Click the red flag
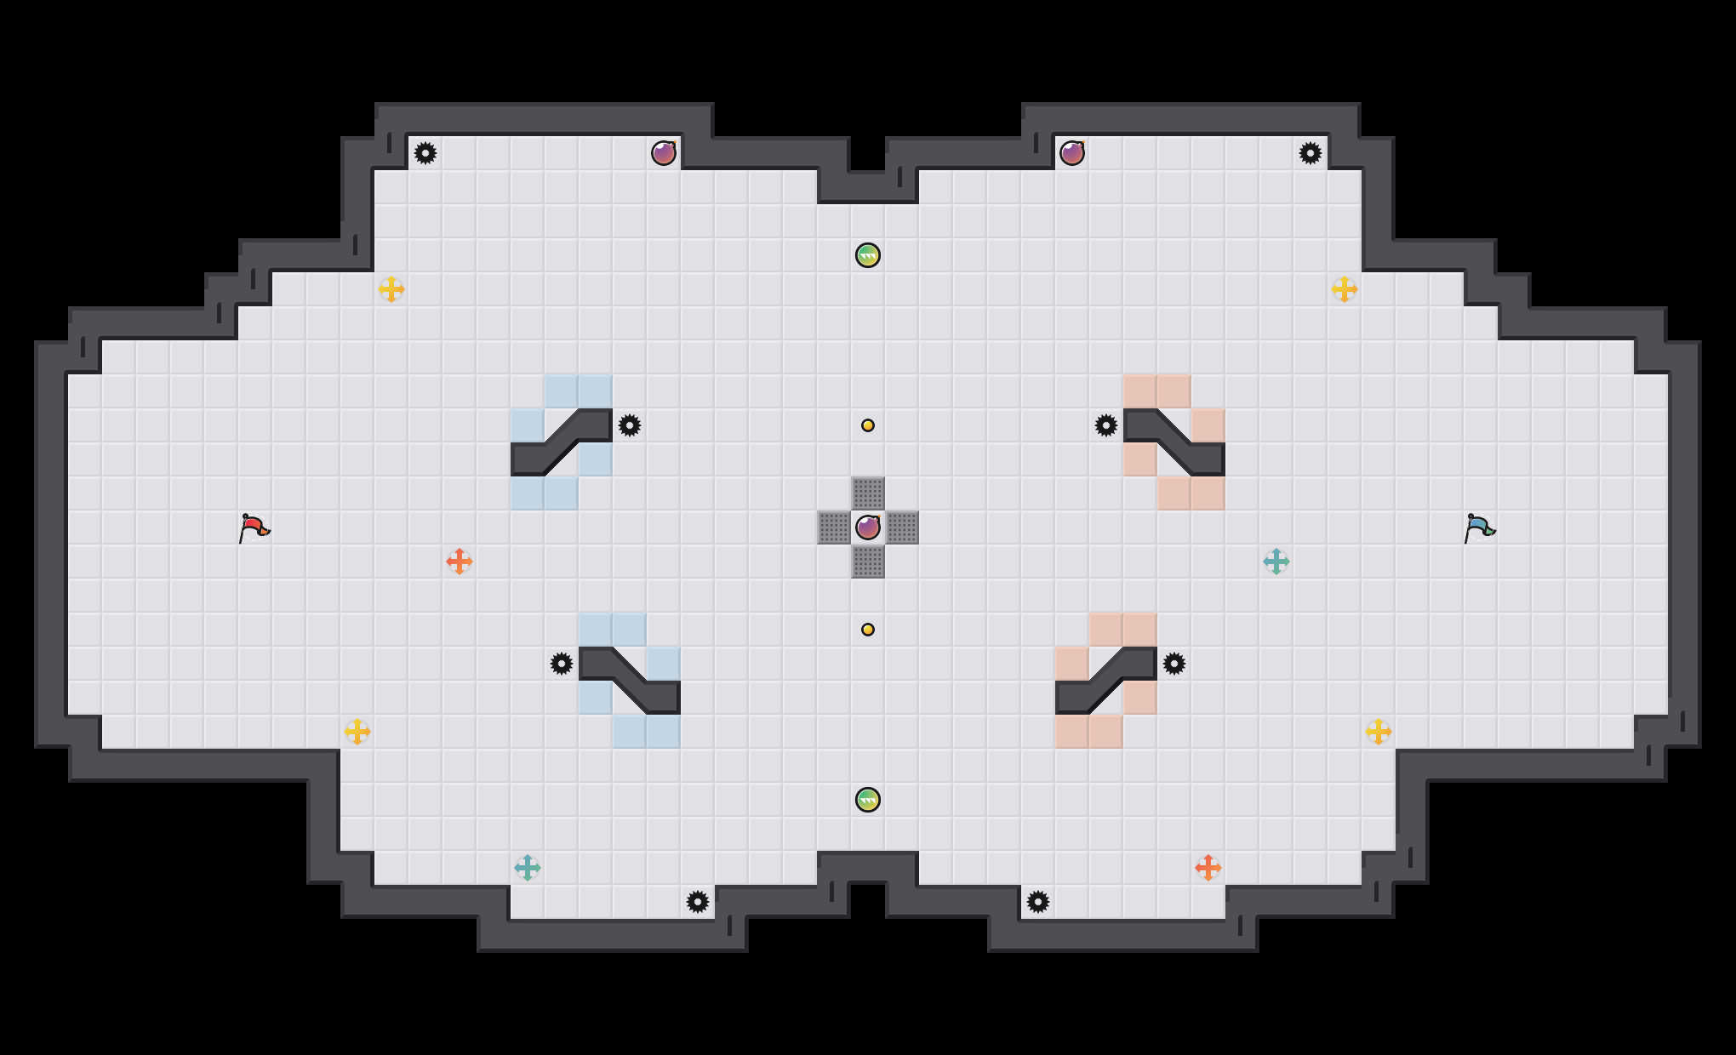tap(254, 528)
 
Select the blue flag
tap(1479, 528)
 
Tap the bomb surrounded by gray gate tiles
tap(868, 527)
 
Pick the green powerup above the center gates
tap(868, 255)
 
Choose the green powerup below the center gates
tap(868, 800)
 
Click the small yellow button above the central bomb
tap(868, 425)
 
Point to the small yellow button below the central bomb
tap(868, 630)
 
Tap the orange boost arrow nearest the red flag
tap(460, 562)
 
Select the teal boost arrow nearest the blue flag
tap(1276, 562)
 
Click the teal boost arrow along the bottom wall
tap(528, 868)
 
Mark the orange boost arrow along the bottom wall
tap(1208, 868)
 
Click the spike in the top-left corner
tap(425, 153)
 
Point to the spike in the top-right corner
tap(1311, 153)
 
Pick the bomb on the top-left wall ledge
tap(664, 153)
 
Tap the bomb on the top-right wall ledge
tap(1072, 153)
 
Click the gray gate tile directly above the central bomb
tap(868, 493)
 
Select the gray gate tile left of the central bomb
tap(834, 527)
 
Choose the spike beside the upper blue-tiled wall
tap(630, 425)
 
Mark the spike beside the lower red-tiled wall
tap(1174, 664)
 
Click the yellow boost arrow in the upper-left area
tap(391, 289)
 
